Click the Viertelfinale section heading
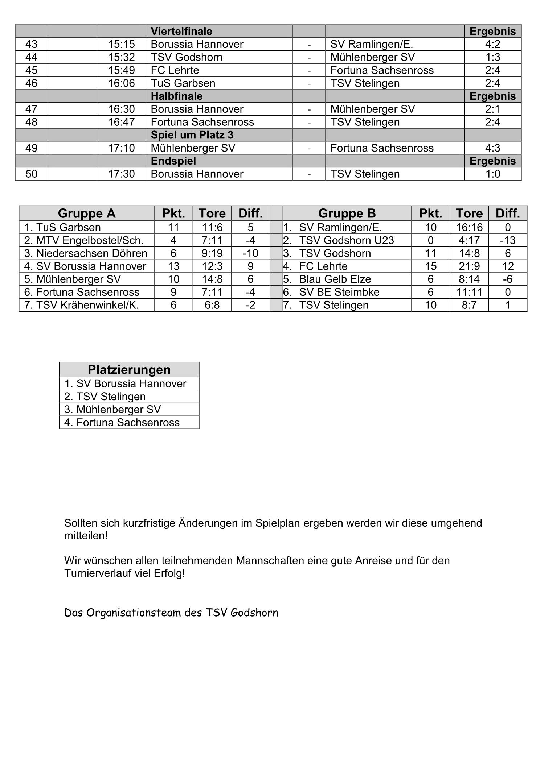pyautogui.click(x=181, y=31)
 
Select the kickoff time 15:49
pyautogui.click(x=121, y=70)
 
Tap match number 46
pyautogui.click(x=31, y=83)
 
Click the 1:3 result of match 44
pyautogui.click(x=492, y=57)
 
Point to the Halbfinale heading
pyautogui.click(x=177, y=96)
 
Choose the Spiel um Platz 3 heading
pyautogui.click(x=192, y=135)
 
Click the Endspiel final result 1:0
pyautogui.click(x=492, y=174)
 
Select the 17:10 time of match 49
pyautogui.click(x=121, y=148)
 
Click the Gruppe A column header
pyautogui.click(x=86, y=213)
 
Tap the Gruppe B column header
pyautogui.click(x=347, y=213)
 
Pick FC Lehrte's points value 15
pyautogui.click(x=430, y=266)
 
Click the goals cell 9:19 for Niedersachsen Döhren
pyautogui.click(x=212, y=253)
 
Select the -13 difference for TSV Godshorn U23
pyautogui.click(x=507, y=240)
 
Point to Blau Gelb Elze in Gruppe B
pyautogui.click(x=335, y=279)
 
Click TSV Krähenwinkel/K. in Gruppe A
pyautogui.click(x=87, y=305)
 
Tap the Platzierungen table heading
pyautogui.click(x=129, y=369)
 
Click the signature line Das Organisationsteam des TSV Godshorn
pyautogui.click(x=171, y=613)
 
